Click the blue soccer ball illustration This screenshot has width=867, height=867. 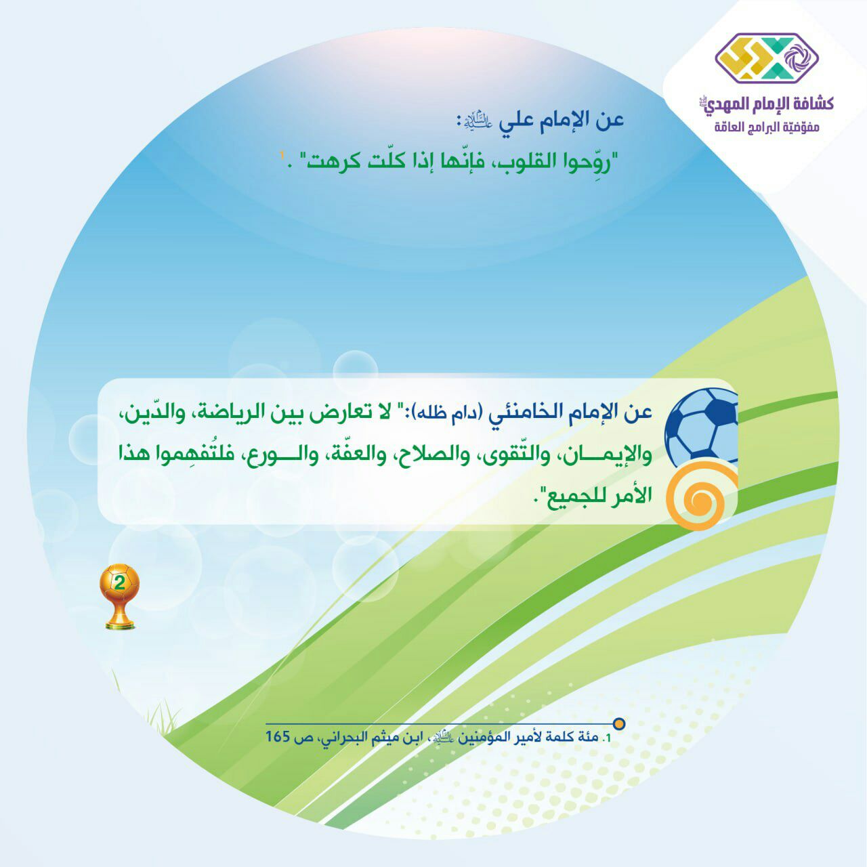[702, 427]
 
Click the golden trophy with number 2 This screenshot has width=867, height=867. [119, 595]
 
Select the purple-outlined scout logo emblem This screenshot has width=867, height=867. [767, 58]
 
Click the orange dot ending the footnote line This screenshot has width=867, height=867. [620, 723]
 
